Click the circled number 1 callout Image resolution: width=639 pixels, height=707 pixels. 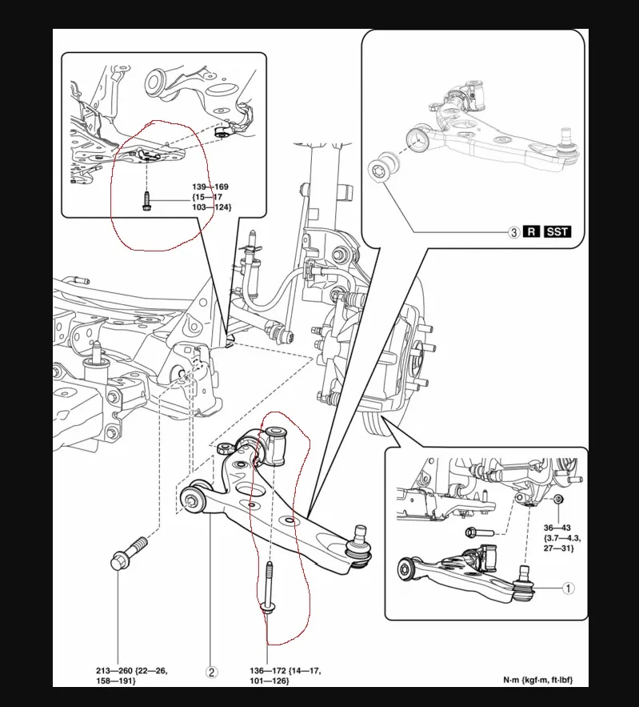pos(568,588)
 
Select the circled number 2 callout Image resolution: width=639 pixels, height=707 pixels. pos(212,673)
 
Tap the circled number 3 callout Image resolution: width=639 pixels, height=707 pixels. pos(514,232)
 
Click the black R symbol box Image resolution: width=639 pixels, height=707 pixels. pos(533,232)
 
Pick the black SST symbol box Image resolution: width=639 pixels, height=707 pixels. pos(557,232)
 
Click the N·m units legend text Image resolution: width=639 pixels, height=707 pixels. pos(537,681)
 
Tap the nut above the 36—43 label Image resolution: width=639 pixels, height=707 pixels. pos(558,502)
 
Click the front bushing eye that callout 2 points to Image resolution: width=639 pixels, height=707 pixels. pos(194,501)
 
